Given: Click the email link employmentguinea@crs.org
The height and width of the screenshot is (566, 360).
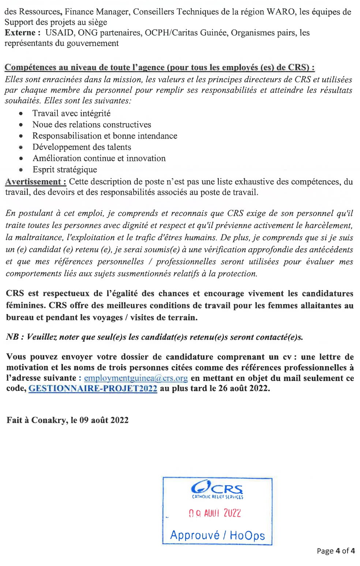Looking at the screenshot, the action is (x=136, y=378).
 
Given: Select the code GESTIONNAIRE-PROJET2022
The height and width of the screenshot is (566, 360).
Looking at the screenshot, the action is (x=93, y=388).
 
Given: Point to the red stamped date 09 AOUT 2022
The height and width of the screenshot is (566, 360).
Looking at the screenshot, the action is (x=215, y=513).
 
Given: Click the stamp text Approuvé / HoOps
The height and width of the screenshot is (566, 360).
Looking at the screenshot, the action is (x=217, y=535).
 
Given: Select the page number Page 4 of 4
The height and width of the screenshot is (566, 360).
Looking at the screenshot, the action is (x=335, y=551).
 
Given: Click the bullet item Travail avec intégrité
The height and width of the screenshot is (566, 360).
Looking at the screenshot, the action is (x=71, y=113).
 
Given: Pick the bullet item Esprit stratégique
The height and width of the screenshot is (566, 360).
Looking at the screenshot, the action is (x=65, y=170).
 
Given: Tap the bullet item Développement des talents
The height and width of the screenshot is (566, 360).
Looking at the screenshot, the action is (x=82, y=147).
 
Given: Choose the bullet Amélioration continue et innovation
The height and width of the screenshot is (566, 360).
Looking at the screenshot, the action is (x=99, y=158).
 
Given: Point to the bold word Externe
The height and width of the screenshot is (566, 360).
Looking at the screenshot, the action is (x=20, y=33).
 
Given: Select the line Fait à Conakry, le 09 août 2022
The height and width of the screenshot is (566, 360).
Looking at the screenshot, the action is (x=67, y=420).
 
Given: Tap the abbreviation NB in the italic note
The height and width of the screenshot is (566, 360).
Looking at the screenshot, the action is (x=12, y=337).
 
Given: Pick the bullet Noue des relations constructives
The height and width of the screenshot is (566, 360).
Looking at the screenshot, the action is (x=91, y=125).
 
